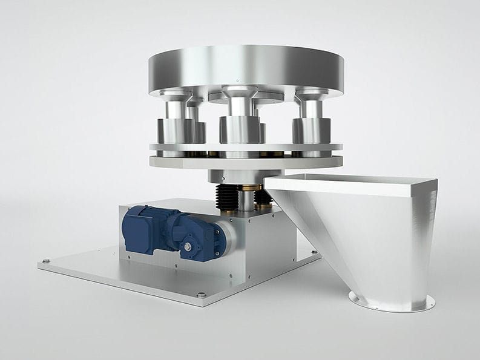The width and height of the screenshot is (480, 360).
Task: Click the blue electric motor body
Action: point(145,226)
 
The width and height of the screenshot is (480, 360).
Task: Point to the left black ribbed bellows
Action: point(225,197)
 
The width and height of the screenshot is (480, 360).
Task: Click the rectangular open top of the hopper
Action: point(351,182)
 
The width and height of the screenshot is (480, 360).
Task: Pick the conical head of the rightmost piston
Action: point(312,95)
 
